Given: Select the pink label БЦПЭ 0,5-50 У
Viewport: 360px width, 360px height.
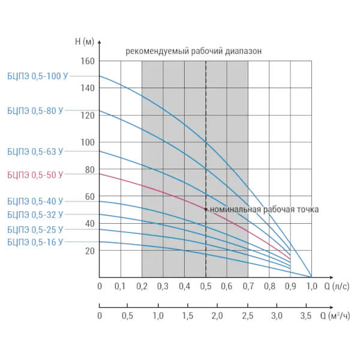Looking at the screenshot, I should point(34,175).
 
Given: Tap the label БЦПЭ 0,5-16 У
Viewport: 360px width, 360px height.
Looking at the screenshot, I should point(34,242).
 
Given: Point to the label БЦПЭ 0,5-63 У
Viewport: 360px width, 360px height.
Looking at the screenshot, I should point(34,152).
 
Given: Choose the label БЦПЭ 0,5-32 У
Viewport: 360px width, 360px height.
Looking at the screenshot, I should point(34,214).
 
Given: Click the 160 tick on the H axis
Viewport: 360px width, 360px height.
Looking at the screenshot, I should point(88,61).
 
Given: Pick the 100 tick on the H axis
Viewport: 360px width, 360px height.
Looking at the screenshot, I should point(88,142).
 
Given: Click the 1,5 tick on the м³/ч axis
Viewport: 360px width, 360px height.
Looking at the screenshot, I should point(187,316).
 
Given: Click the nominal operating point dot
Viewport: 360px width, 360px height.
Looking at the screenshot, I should point(206,209).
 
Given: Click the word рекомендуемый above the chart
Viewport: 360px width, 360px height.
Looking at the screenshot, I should point(157,52).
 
